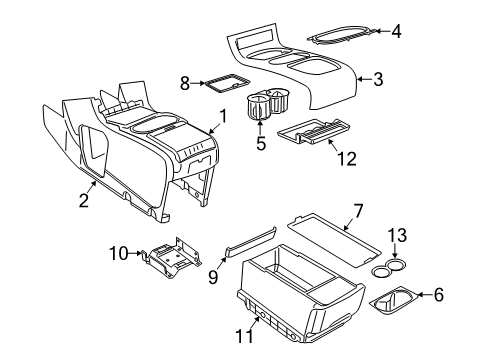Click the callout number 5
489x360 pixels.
click(262, 142)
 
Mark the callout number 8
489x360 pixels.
click(183, 83)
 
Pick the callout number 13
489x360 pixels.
click(398, 264)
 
